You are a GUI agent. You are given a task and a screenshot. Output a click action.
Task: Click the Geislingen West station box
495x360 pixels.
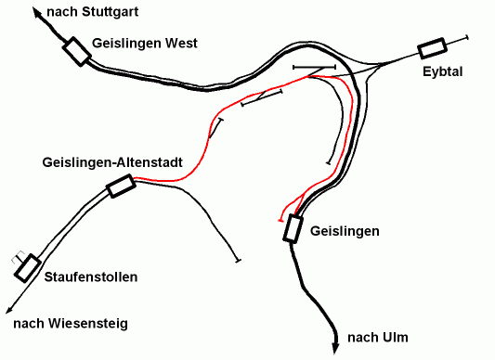(76, 52)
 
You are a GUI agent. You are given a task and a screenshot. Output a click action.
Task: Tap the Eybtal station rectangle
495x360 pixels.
(432, 47)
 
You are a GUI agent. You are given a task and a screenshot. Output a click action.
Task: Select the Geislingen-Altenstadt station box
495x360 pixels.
(121, 186)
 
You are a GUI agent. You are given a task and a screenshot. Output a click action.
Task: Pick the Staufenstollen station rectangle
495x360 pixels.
(29, 266)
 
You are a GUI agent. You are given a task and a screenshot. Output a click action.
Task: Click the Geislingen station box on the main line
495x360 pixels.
(293, 228)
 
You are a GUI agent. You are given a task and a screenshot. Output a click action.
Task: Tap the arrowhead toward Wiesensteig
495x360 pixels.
(7, 313)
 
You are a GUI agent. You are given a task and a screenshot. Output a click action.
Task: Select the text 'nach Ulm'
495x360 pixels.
(378, 337)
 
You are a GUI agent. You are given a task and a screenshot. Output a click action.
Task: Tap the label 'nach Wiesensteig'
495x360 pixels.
(70, 323)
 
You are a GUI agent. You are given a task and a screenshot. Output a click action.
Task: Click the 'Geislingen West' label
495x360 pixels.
(145, 43)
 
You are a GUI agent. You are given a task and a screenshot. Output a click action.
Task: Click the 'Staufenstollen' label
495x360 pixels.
(91, 277)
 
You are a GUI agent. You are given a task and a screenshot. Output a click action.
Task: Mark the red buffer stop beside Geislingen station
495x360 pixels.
(281, 221)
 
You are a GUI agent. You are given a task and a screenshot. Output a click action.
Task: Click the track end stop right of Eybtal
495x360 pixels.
(466, 36)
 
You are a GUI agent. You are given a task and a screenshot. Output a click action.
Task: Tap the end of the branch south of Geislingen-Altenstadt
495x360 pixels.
(239, 259)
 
